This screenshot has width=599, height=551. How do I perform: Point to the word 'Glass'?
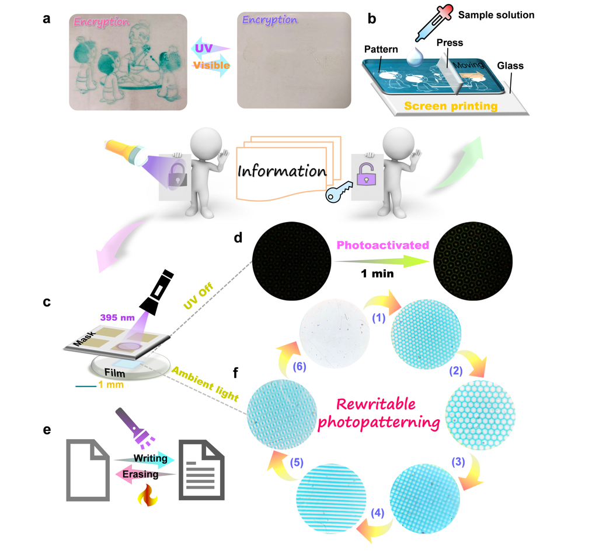pos(510,66)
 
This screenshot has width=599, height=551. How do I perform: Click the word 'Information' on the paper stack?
pos(281,171)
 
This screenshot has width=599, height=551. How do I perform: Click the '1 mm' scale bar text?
pos(110,385)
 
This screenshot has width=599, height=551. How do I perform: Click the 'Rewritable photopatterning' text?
pos(386,414)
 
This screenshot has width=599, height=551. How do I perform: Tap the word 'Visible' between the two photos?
pos(211,66)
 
